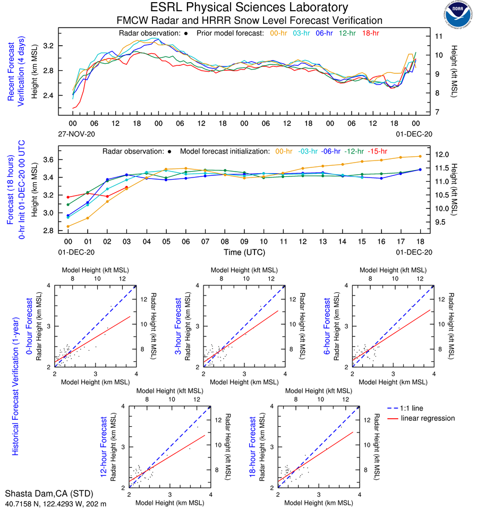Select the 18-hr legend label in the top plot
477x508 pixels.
[370, 33]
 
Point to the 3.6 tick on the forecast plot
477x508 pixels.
[48, 159]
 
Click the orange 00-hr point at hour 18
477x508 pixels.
[420, 156]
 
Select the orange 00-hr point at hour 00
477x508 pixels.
[67, 226]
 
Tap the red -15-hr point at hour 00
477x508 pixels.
[67, 197]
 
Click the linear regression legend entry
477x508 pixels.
[428, 418]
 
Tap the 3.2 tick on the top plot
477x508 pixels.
[48, 46]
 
